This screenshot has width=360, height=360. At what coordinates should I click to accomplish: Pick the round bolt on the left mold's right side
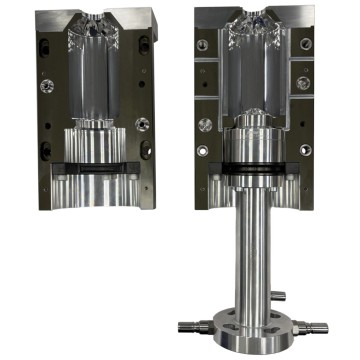(x=144, y=125)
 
